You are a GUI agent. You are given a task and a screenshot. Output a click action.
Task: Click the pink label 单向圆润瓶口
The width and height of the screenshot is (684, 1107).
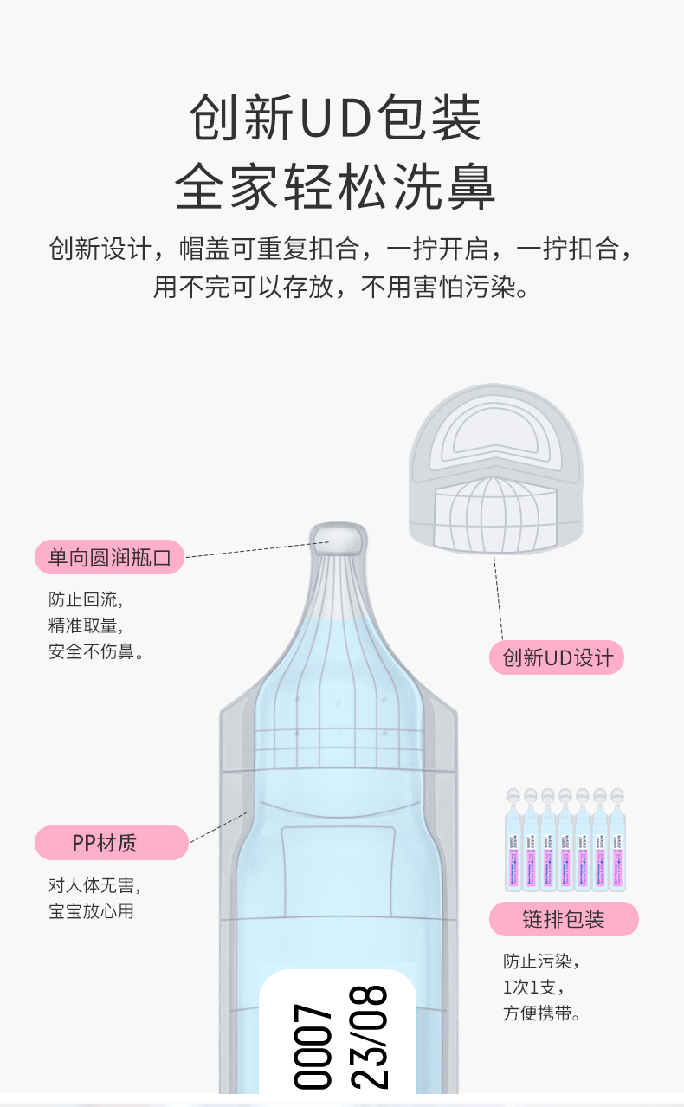click(109, 557)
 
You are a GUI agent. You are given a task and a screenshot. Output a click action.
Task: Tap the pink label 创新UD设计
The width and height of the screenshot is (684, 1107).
click(557, 657)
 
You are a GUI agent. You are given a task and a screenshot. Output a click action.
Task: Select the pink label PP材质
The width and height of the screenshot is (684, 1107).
click(111, 842)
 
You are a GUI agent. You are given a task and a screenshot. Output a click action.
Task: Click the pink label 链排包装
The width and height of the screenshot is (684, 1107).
click(564, 919)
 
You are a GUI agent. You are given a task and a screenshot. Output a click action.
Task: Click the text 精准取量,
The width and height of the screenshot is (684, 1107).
click(86, 625)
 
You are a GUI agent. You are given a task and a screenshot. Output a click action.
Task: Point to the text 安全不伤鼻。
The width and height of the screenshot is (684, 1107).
click(96, 651)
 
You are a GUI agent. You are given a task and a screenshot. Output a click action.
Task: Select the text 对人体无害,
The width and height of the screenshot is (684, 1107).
click(94, 885)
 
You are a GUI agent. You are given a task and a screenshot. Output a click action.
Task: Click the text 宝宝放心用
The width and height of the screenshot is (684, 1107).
click(91, 911)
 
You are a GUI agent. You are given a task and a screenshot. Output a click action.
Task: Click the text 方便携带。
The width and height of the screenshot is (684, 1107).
click(542, 1013)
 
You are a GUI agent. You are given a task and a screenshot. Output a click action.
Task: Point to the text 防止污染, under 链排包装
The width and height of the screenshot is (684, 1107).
click(541, 961)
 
